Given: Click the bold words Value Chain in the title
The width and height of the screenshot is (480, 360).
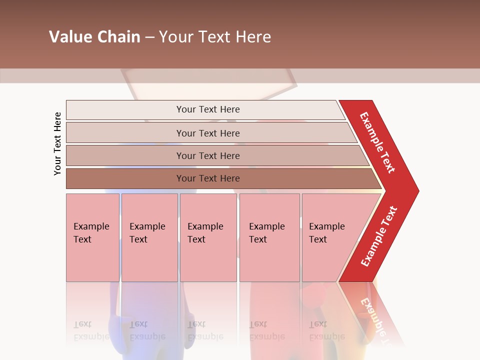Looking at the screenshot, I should click(x=94, y=37).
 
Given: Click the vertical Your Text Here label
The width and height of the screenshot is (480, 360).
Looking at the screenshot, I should click(x=57, y=144).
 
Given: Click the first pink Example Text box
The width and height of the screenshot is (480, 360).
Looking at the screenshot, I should click(x=92, y=237).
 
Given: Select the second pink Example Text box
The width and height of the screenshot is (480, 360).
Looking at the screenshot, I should click(x=149, y=237).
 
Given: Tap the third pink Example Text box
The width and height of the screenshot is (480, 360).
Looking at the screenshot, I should click(x=208, y=237).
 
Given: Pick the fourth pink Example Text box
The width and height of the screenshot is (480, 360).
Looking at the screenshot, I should click(x=269, y=237).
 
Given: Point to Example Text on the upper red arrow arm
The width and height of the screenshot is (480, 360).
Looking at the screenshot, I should click(x=377, y=142).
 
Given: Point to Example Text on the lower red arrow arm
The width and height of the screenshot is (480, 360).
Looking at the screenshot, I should click(x=379, y=236).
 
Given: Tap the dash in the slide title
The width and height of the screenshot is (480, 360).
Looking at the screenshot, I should click(x=149, y=37).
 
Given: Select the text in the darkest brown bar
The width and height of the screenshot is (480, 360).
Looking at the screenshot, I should click(x=208, y=178).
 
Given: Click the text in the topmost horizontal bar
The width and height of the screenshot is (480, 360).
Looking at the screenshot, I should click(x=208, y=109).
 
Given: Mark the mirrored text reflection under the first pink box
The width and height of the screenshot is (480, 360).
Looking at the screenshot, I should click(x=91, y=330).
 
